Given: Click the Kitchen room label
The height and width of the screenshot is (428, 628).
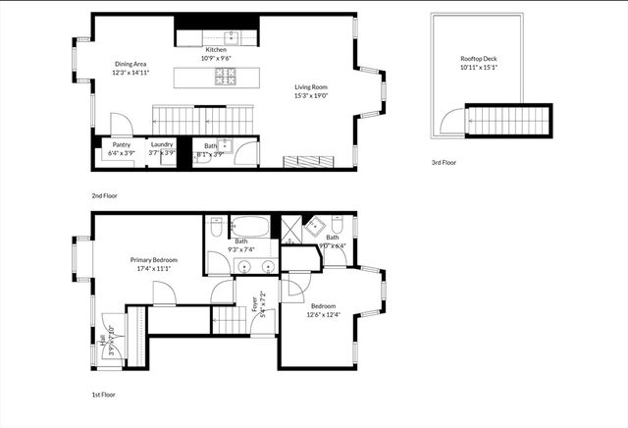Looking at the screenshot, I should click(x=215, y=49).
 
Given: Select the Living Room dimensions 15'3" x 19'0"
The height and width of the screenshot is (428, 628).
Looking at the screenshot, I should click(x=310, y=96).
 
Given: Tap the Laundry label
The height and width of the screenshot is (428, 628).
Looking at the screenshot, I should click(x=162, y=144).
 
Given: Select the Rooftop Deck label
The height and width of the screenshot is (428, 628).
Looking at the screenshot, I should click(x=478, y=59).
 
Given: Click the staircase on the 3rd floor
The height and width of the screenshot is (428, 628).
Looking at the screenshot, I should click(x=507, y=122).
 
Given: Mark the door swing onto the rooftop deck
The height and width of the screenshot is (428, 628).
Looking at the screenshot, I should click(x=451, y=122).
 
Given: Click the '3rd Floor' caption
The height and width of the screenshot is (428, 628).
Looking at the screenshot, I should click(x=444, y=162).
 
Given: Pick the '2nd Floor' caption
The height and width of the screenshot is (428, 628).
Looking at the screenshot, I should click(x=104, y=195).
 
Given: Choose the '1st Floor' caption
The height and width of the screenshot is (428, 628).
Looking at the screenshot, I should click(x=103, y=395).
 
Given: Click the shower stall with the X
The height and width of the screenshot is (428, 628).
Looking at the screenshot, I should click(x=292, y=229).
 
